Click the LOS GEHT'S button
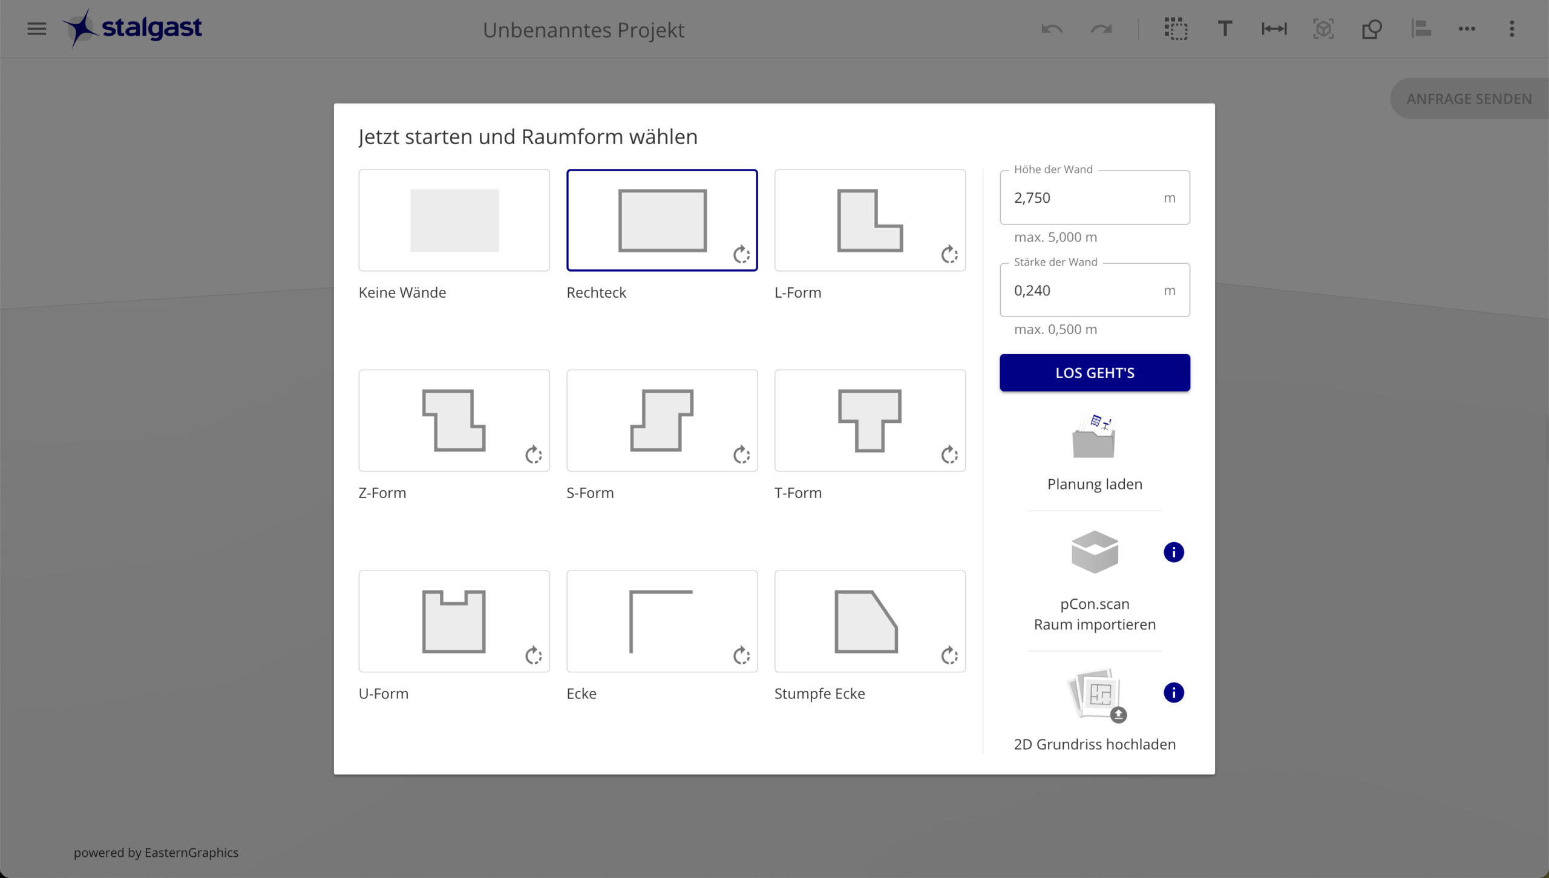(x=1095, y=373)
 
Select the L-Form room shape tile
(x=870, y=220)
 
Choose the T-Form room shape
(x=870, y=421)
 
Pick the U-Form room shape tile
(x=454, y=621)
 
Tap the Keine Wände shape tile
(x=454, y=220)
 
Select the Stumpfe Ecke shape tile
(x=870, y=621)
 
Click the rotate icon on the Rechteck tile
(x=742, y=255)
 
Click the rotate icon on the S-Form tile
(x=742, y=455)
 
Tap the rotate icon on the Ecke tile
(x=742, y=655)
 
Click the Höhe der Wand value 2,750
(x=1032, y=198)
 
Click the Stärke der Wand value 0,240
(x=1032, y=290)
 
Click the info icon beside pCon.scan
(x=1174, y=552)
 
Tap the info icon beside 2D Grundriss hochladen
(x=1174, y=692)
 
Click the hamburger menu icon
(x=37, y=28)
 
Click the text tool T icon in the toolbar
(x=1225, y=28)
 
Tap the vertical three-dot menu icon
(x=1511, y=28)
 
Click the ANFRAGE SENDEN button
(x=1469, y=99)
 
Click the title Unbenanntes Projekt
(x=583, y=30)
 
